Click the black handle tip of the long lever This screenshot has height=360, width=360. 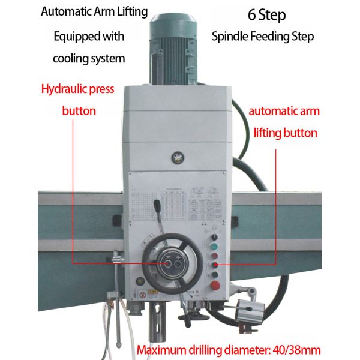coord(158,207)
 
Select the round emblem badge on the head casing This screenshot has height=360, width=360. coord(176,157)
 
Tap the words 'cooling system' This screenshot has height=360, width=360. coord(89,58)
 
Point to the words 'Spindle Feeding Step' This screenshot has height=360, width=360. coord(263,36)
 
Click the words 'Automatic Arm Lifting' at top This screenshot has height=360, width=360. coord(94,12)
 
